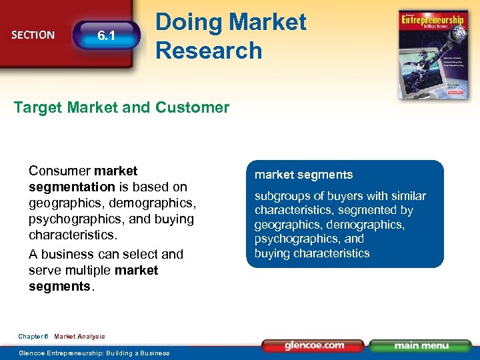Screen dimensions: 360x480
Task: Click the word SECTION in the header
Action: tap(33, 35)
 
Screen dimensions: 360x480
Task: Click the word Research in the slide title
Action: tap(209, 50)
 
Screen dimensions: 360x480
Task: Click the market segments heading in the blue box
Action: tap(303, 175)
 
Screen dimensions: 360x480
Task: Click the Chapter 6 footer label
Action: tap(33, 337)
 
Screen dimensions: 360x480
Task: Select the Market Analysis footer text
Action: tap(79, 337)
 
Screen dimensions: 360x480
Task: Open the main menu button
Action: tap(420, 346)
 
